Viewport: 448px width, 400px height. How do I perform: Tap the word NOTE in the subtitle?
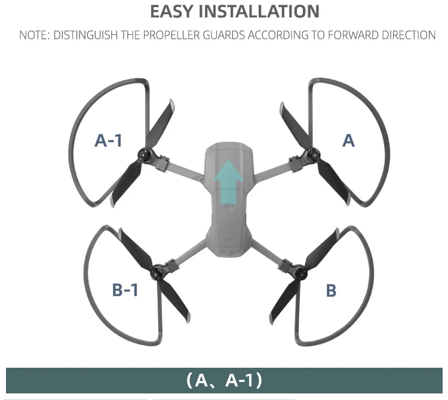pyautogui.click(x=33, y=35)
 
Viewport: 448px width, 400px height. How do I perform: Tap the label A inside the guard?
pyautogui.click(x=348, y=141)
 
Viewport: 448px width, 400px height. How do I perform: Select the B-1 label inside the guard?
pyautogui.click(x=125, y=290)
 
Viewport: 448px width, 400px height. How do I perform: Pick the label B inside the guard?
pyautogui.click(x=331, y=291)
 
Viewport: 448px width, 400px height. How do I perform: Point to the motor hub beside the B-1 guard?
pyautogui.click(x=158, y=272)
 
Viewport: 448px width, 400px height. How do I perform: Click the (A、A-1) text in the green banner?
pyautogui.click(x=224, y=380)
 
